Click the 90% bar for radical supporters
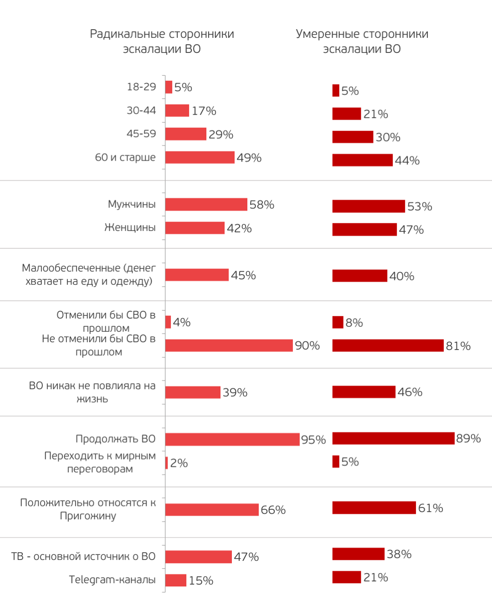[229, 345]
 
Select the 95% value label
[313, 439]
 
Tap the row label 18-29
[141, 87]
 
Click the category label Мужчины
[132, 204]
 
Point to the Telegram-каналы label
[112, 580]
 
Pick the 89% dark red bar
[393, 438]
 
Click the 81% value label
[458, 346]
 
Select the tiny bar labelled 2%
[167, 463]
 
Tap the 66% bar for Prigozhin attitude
[212, 509]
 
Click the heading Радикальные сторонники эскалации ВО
[162, 41]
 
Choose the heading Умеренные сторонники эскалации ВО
[362, 41]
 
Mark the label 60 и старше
[125, 157]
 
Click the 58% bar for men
[206, 204]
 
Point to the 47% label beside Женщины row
[411, 230]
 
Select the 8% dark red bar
[338, 322]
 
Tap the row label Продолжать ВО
[115, 439]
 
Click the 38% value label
[399, 554]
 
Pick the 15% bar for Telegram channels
[176, 580]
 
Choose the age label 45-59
[141, 134]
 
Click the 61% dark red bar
[374, 507]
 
